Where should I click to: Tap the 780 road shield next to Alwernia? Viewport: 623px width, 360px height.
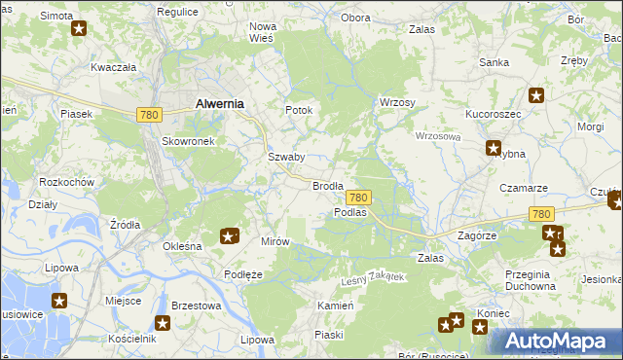point(148,115)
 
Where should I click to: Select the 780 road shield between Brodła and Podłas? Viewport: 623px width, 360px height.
point(357,198)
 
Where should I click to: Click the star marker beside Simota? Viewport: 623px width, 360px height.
point(79,28)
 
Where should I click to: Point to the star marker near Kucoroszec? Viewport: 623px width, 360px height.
point(535,95)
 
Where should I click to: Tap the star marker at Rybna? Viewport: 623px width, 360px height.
point(494,148)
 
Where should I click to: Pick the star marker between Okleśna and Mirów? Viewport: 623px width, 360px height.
point(229,235)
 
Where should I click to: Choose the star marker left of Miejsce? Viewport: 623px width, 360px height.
point(59,302)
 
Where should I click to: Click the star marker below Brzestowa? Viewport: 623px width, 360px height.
point(164,324)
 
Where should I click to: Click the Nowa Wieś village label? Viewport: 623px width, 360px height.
point(263,32)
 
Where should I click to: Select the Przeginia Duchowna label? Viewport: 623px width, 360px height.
point(531,280)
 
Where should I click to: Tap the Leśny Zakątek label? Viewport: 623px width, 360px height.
point(372,279)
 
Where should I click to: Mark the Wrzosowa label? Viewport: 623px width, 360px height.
point(437,137)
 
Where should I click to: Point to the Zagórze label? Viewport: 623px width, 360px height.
point(477,235)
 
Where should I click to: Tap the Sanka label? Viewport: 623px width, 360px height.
point(494,62)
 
